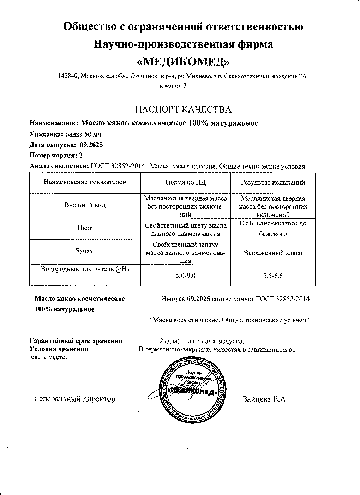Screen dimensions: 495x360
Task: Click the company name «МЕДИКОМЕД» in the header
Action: tap(183, 62)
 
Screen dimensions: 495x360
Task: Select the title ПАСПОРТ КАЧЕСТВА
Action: tap(183, 109)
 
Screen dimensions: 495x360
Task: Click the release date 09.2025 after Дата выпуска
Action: tap(91, 145)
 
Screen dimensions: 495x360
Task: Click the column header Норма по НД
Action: tap(185, 182)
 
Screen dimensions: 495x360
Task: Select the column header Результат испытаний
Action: tap(272, 182)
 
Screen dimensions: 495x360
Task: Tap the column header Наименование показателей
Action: tap(85, 182)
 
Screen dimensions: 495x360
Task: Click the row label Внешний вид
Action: tap(85, 205)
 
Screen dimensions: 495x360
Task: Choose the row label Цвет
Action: tap(85, 228)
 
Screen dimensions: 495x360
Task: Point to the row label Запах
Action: tap(85, 251)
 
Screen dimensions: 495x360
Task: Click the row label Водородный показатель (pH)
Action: tap(85, 269)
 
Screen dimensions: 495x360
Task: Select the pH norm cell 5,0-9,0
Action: tap(185, 276)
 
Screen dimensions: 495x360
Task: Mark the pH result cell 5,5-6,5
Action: tap(272, 276)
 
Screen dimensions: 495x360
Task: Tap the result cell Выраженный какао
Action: tap(272, 253)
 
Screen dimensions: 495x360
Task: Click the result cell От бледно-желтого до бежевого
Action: tap(272, 228)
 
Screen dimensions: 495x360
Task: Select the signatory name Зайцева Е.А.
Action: tap(265, 399)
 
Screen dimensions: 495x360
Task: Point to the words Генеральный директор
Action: tap(75, 399)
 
